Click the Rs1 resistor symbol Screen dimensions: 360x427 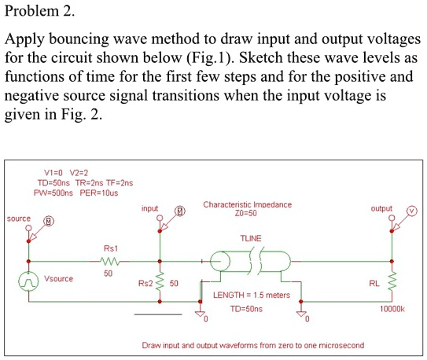coord(109,260)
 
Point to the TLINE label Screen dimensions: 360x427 coord(250,237)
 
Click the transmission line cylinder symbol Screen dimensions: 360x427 coord(250,260)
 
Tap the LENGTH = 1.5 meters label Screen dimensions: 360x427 coord(252,296)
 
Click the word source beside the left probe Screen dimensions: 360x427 coord(18,218)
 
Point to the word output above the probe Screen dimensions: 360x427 coord(381,208)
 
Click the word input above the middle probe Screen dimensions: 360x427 coord(149,208)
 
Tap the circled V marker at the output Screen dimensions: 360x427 coord(411,211)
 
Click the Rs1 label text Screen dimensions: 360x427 coord(110,247)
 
